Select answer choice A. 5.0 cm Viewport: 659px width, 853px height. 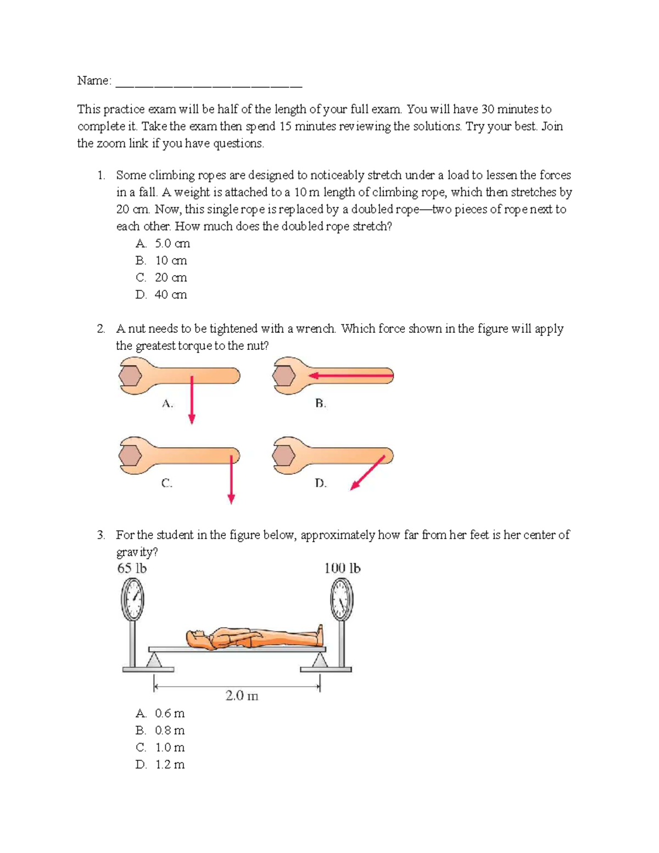pos(163,243)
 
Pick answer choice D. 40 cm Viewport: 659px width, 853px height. pos(161,294)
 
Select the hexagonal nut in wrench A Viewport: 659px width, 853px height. pos(131,376)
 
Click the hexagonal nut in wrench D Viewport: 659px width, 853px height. pos(284,455)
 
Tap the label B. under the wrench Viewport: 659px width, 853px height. pos(321,404)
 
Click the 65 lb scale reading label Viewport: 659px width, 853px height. pos(132,568)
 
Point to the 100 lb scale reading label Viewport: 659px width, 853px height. pos(342,568)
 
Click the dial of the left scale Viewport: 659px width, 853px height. pos(132,599)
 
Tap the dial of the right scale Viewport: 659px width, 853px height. pos(342,599)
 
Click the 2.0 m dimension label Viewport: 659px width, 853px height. pos(242,696)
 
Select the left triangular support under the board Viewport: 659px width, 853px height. pos(154,660)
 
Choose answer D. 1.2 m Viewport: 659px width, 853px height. pos(160,765)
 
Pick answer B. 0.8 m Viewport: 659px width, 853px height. pos(160,731)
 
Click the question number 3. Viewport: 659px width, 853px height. pos(100,535)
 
